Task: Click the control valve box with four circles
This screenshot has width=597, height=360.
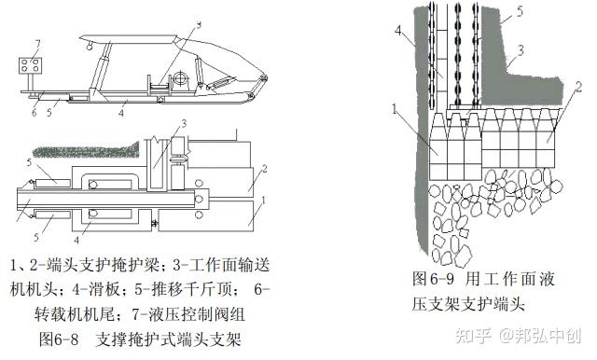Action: click(x=30, y=65)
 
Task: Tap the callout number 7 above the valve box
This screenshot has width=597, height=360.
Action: click(x=37, y=45)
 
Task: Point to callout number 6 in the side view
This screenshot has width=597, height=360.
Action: click(x=34, y=112)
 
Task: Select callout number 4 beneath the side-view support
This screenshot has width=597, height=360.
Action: click(x=121, y=113)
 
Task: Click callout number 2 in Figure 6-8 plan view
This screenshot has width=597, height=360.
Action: click(x=264, y=169)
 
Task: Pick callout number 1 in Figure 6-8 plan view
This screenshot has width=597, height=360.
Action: click(x=263, y=200)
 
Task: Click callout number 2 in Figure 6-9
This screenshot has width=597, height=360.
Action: click(x=578, y=87)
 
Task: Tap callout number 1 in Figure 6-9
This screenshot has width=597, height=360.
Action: click(x=395, y=109)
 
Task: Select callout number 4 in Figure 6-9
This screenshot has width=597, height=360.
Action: click(x=398, y=30)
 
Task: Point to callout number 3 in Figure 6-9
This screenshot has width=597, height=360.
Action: click(x=521, y=49)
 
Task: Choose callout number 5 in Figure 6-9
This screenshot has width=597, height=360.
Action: click(x=520, y=11)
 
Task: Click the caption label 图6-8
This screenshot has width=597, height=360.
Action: click(x=59, y=339)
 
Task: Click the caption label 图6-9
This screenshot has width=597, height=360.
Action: click(x=433, y=279)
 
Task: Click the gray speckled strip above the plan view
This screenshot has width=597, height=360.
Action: click(x=86, y=150)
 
